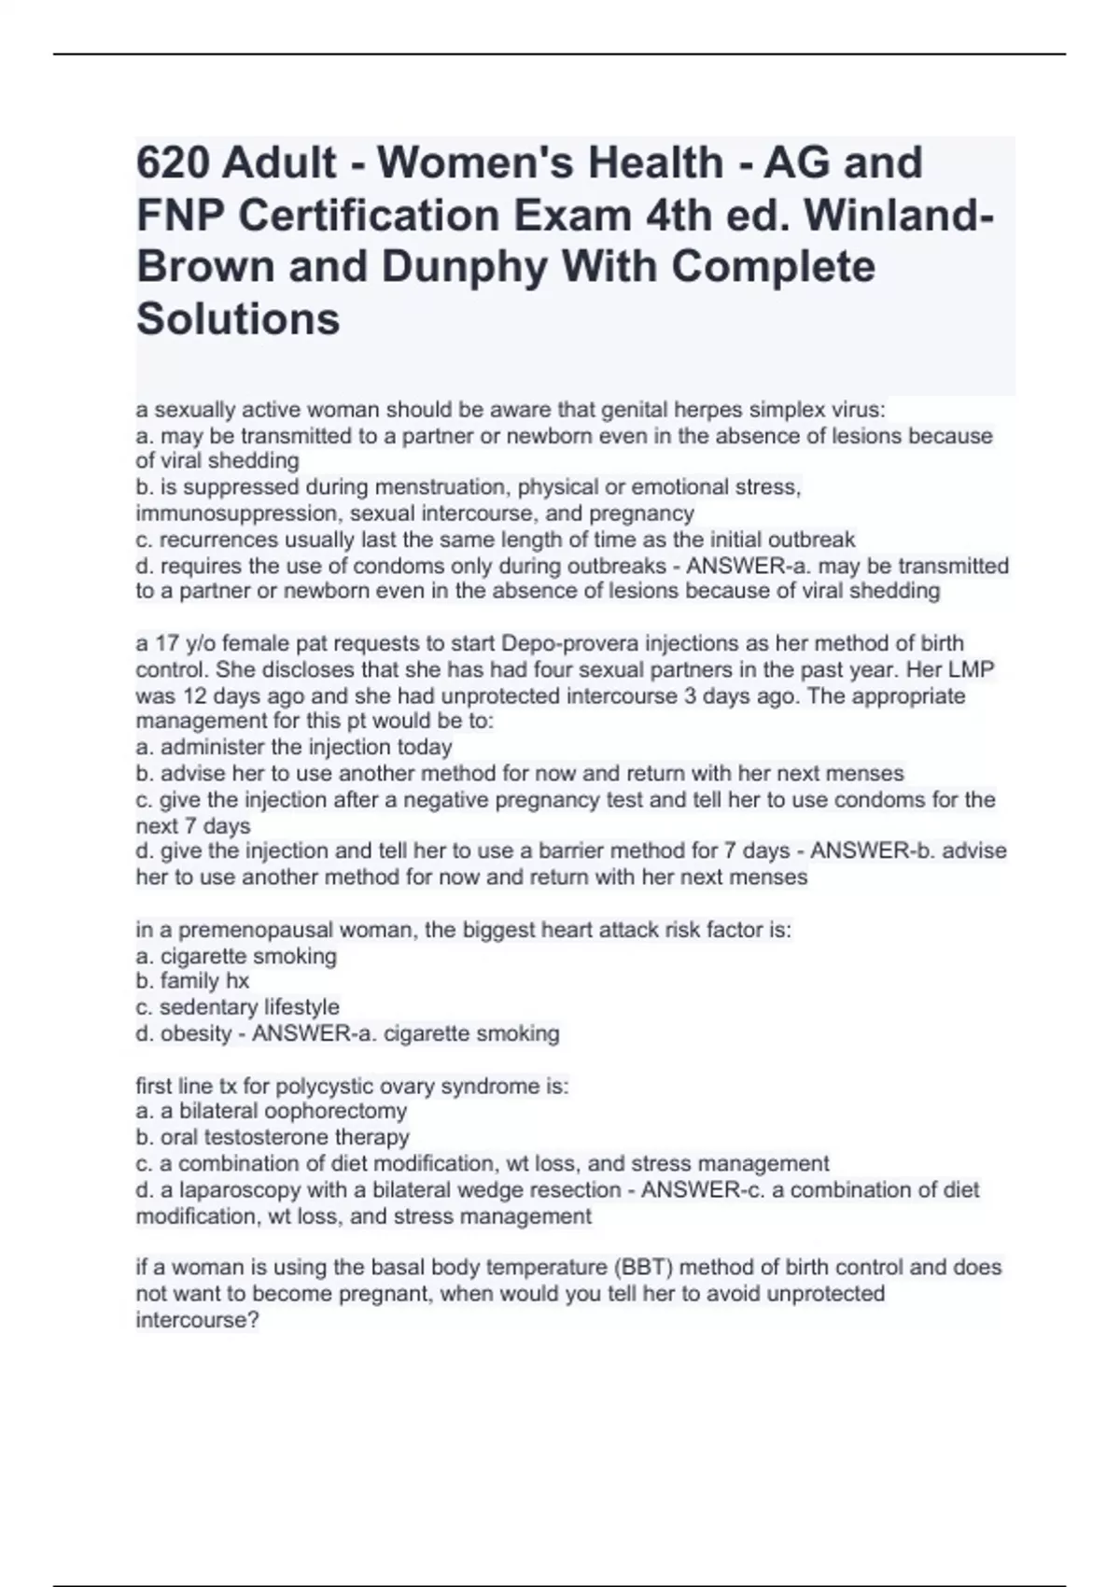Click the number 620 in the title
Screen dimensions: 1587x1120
pos(171,162)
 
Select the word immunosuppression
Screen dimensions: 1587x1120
pos(240,513)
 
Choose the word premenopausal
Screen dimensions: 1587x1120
pos(255,930)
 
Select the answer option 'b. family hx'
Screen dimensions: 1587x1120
pos(192,981)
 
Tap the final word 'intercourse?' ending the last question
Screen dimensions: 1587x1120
pos(197,1321)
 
